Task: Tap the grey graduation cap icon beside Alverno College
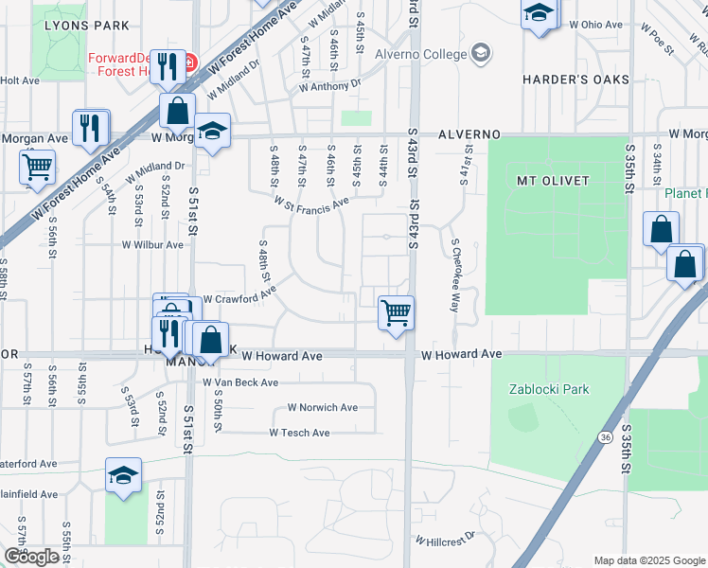pos(481,52)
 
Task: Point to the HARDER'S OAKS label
pos(575,80)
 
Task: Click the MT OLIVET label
pos(553,180)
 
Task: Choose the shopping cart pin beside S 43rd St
pos(395,311)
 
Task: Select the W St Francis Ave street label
pos(311,204)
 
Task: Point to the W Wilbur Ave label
pos(152,244)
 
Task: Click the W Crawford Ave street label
pos(239,299)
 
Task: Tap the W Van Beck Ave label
pos(240,382)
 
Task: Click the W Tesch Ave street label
pos(299,433)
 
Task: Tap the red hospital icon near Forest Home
pos(189,63)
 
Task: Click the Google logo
pos(31,557)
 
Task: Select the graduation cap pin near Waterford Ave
pos(123,476)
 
